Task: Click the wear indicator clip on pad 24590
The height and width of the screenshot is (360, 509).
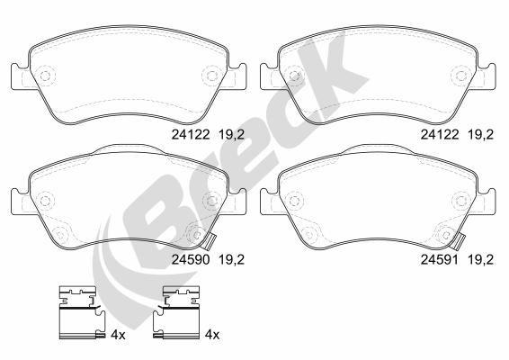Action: coord(209,240)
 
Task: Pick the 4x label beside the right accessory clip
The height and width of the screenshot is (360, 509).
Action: coord(212,333)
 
